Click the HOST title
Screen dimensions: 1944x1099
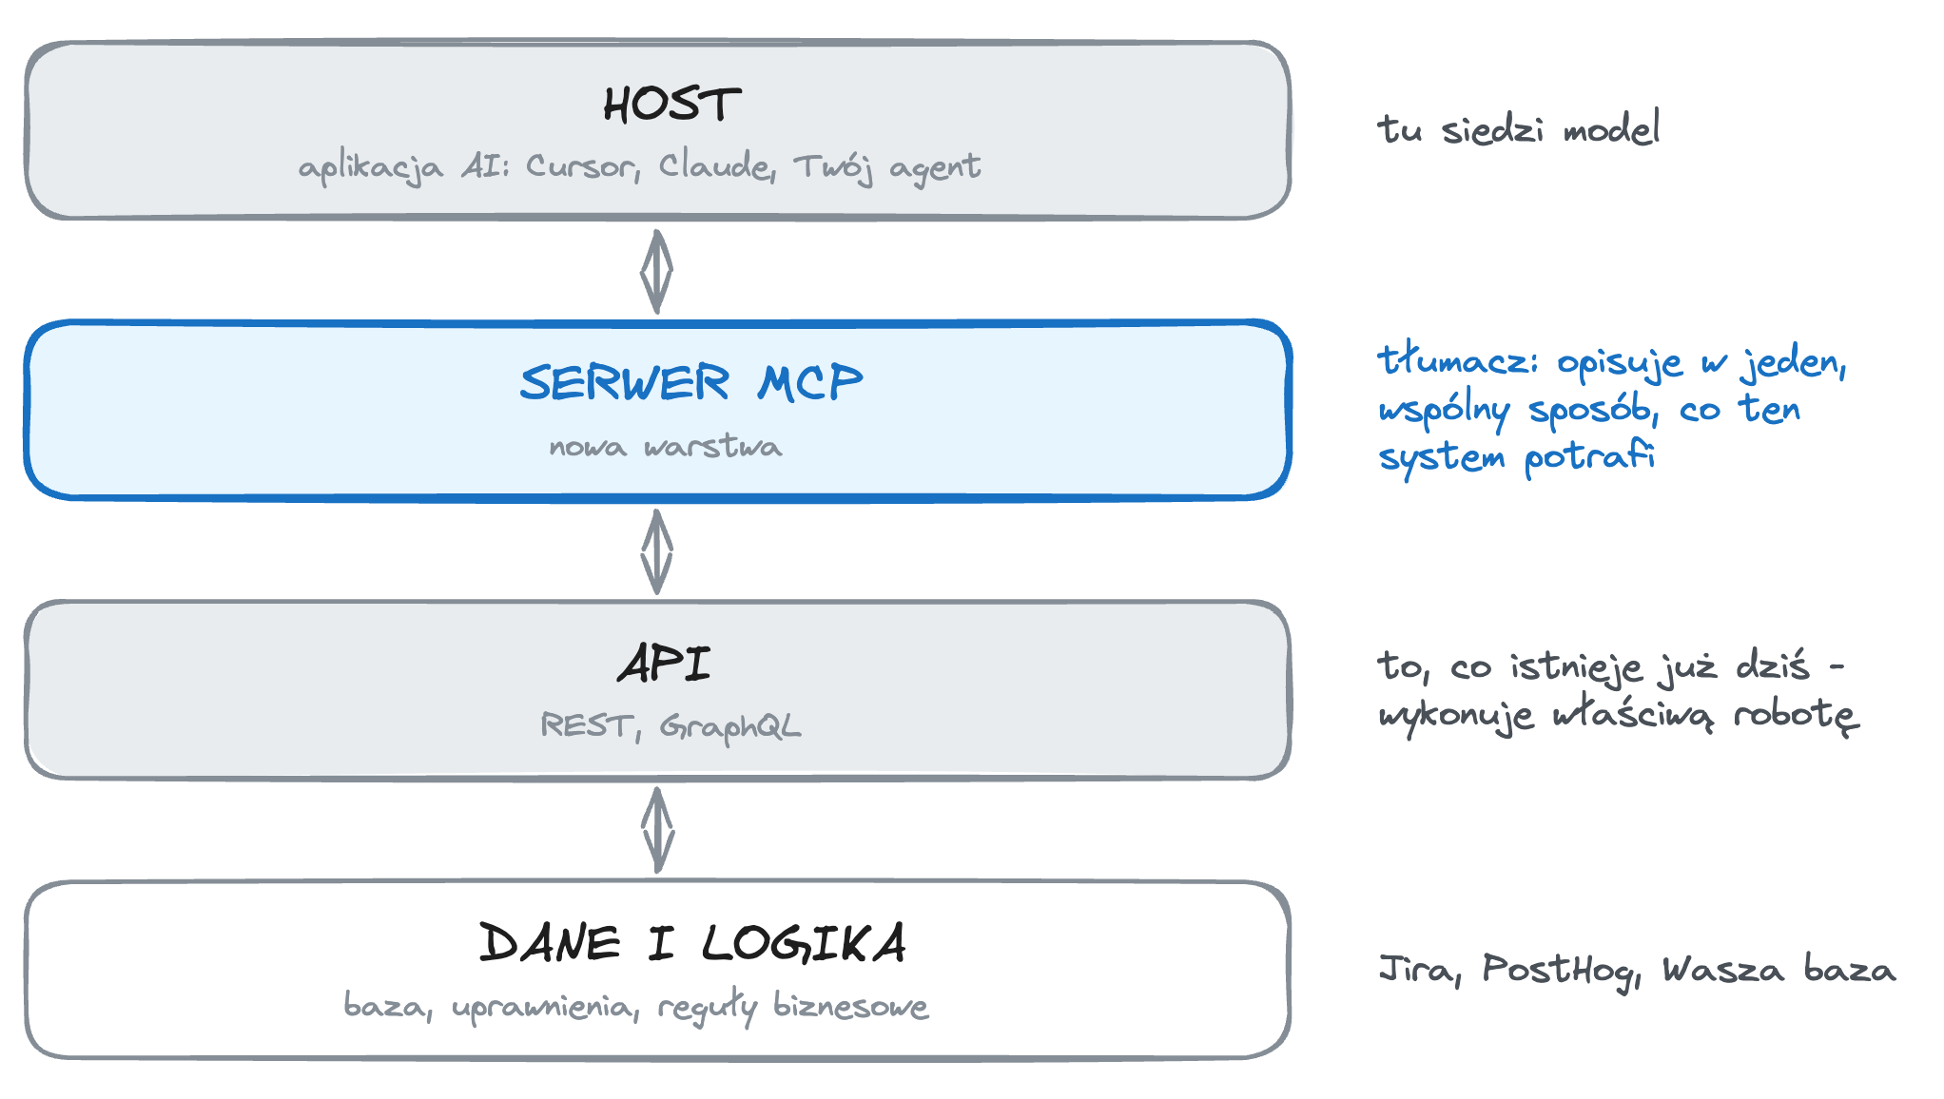coord(671,105)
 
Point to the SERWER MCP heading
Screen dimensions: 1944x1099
coord(691,382)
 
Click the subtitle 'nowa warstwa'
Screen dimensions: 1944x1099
coord(666,446)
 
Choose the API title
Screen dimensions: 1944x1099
coord(664,664)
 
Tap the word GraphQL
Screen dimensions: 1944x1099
coord(730,726)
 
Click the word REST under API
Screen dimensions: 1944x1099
coord(587,725)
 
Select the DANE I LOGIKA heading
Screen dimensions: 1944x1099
coord(692,943)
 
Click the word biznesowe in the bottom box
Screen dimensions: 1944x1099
coord(850,1005)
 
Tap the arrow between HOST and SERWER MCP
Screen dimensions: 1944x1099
coord(656,271)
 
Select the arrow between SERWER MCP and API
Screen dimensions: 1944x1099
coord(656,551)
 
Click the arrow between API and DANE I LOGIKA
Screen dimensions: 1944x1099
coord(657,830)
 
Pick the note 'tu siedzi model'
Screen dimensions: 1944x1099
coord(1519,128)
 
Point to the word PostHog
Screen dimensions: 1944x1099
coord(1563,970)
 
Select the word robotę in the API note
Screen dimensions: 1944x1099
coord(1796,714)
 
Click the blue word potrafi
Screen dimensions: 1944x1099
coord(1589,456)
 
